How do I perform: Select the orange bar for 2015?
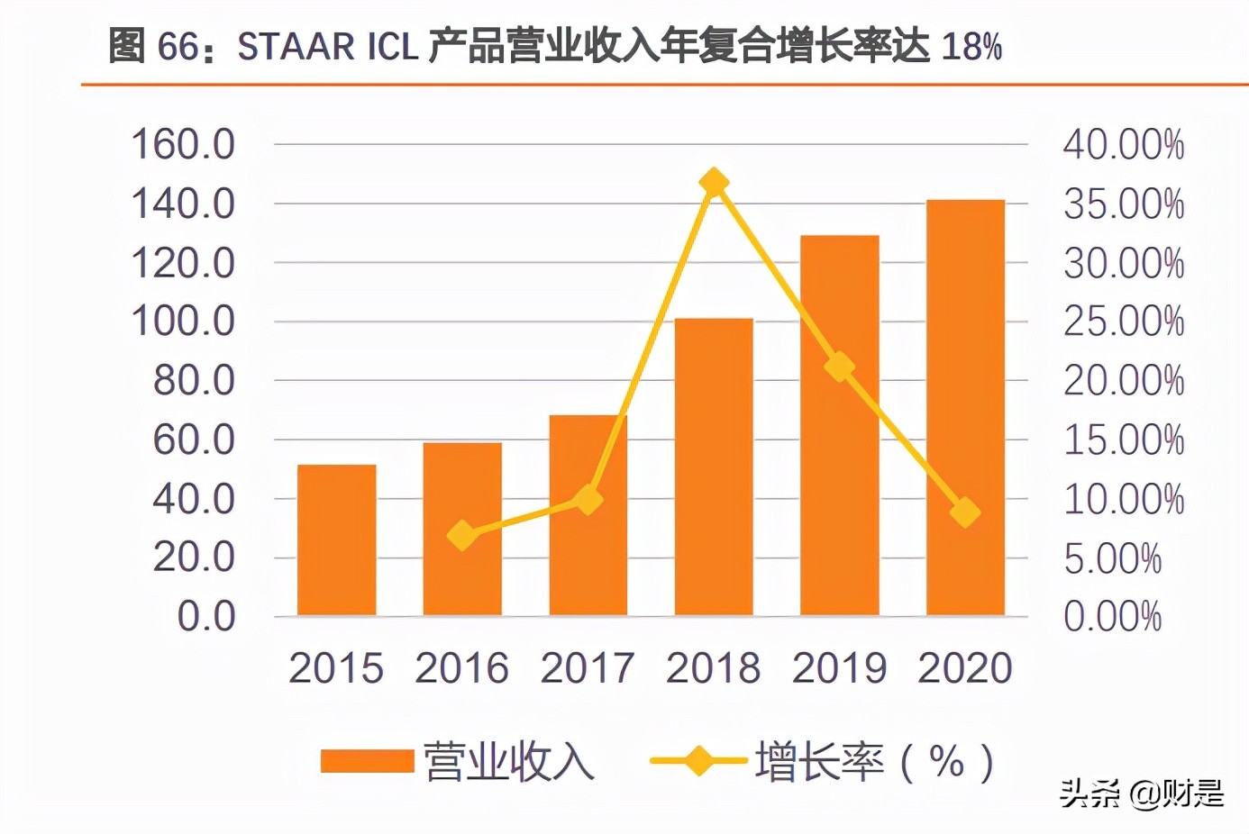pyautogui.click(x=336, y=540)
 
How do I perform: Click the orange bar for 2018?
pyautogui.click(x=714, y=468)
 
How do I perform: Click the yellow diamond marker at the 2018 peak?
pyautogui.click(x=714, y=183)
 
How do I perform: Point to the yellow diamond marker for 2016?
pyautogui.click(x=462, y=536)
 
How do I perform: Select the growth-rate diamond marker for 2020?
pyautogui.click(x=965, y=512)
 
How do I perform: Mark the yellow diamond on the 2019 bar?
pyautogui.click(x=840, y=367)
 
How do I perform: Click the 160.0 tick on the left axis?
pyautogui.click(x=183, y=144)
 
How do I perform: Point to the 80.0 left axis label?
pyautogui.click(x=194, y=381)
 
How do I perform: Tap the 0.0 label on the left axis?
pyautogui.click(x=206, y=617)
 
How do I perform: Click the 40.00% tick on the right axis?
pyautogui.click(x=1123, y=145)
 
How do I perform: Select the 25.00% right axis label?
pyautogui.click(x=1123, y=322)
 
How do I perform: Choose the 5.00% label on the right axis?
pyautogui.click(x=1112, y=558)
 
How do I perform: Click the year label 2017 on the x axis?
pyautogui.click(x=588, y=668)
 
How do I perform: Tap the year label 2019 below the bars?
pyautogui.click(x=839, y=668)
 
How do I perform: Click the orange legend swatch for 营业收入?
pyautogui.click(x=367, y=762)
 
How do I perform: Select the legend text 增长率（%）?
pyautogui.click(x=874, y=762)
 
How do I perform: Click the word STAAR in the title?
pyautogui.click(x=296, y=47)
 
